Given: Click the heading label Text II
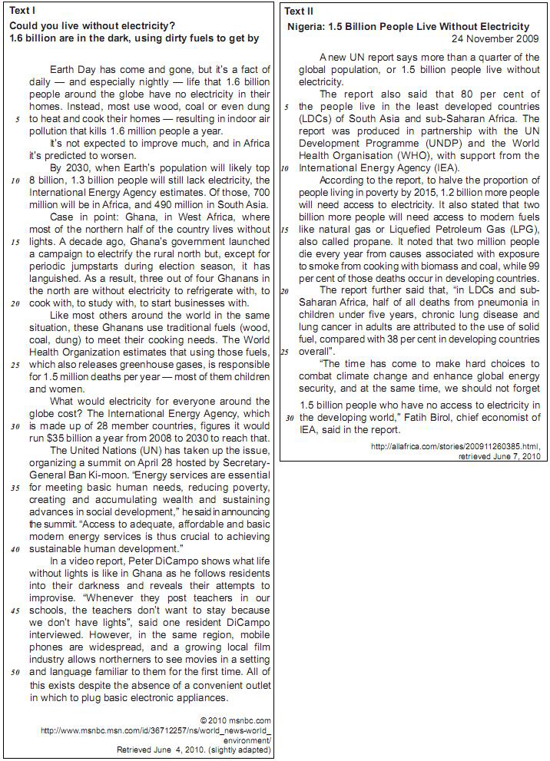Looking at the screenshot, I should point(299,11).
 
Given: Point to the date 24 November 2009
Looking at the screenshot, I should point(495,38).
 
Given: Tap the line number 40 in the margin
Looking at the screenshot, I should point(15,550).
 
